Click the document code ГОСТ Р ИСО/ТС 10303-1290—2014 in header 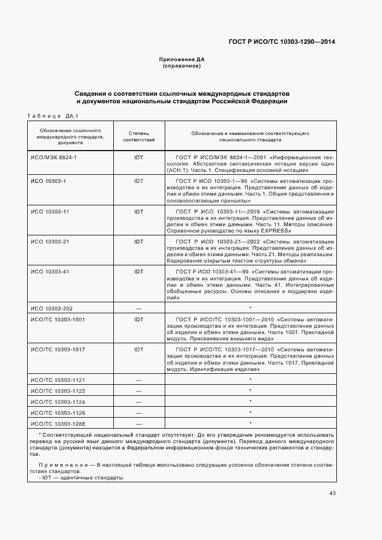(x=282, y=42)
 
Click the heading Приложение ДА (x=182, y=59)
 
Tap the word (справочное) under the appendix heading (x=182, y=66)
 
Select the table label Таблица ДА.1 (x=53, y=115)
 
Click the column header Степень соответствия (x=139, y=136)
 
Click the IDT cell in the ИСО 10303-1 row (x=139, y=181)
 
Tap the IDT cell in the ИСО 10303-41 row (x=139, y=271)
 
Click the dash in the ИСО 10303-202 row (x=139, y=309)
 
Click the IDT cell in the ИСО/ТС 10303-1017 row (x=139, y=349)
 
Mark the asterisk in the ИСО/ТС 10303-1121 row (x=250, y=379)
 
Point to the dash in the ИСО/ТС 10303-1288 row (x=139, y=424)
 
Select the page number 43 (x=332, y=493)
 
